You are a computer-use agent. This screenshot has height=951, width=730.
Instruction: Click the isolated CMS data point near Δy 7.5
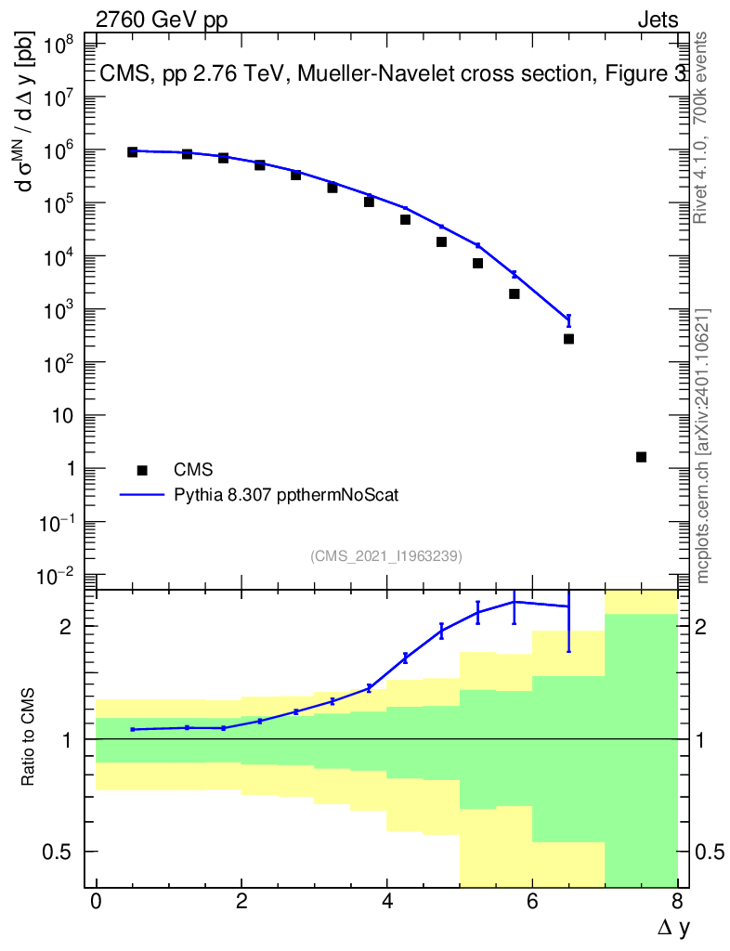[641, 457]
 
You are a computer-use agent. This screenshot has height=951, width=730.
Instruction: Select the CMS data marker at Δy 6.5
[568, 339]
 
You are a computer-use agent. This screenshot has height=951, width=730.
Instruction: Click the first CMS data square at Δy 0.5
[132, 152]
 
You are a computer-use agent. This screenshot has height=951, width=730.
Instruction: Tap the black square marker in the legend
[142, 470]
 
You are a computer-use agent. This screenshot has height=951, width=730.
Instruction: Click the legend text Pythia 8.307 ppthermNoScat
[286, 496]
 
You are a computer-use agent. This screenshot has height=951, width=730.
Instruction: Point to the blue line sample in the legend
[142, 495]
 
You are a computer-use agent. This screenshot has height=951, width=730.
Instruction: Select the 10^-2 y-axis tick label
[58, 576]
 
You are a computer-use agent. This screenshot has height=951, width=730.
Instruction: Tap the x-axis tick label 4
[387, 901]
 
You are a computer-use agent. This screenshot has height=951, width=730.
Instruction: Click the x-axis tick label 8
[677, 901]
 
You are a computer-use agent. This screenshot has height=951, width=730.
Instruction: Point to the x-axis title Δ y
[673, 928]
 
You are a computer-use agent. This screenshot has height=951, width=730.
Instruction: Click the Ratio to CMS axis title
[27, 736]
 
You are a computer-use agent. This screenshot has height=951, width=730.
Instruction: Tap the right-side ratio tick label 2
[700, 627]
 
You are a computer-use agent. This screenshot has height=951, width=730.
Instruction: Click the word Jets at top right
[658, 20]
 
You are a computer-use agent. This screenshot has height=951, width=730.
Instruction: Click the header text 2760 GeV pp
[162, 20]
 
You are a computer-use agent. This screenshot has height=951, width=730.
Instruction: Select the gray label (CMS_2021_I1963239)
[386, 556]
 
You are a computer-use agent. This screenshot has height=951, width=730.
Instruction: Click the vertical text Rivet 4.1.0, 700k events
[700, 128]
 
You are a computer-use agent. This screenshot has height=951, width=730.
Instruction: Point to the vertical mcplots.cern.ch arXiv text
[702, 447]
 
